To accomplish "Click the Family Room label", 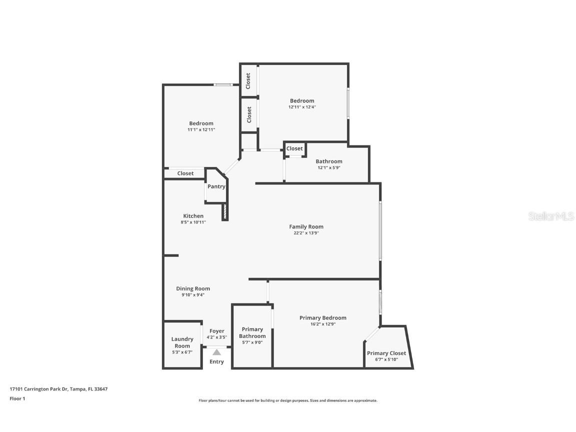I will tap(306, 226).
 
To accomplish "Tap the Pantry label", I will tap(216, 186).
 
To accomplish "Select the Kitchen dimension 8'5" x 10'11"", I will tap(193, 222).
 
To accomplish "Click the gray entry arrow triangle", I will tap(216, 352).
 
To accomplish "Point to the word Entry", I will tap(216, 361).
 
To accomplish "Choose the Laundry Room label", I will tap(182, 342).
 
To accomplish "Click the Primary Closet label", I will tap(386, 353).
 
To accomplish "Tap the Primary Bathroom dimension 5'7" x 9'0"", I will tap(252, 342).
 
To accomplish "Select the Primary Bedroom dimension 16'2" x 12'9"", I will tap(322, 324).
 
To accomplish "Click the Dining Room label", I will tap(193, 288).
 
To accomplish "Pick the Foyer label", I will tap(216, 331).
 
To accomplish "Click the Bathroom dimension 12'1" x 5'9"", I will tap(328, 168).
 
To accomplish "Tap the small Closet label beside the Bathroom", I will tap(294, 148).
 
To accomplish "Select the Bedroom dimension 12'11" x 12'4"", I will tap(302, 107).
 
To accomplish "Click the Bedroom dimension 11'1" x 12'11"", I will tap(201, 129).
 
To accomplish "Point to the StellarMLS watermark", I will tap(551, 216).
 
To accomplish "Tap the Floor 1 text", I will tap(17, 398).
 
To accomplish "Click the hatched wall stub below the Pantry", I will tap(225, 211).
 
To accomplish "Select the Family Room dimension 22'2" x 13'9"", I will tap(306, 233).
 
